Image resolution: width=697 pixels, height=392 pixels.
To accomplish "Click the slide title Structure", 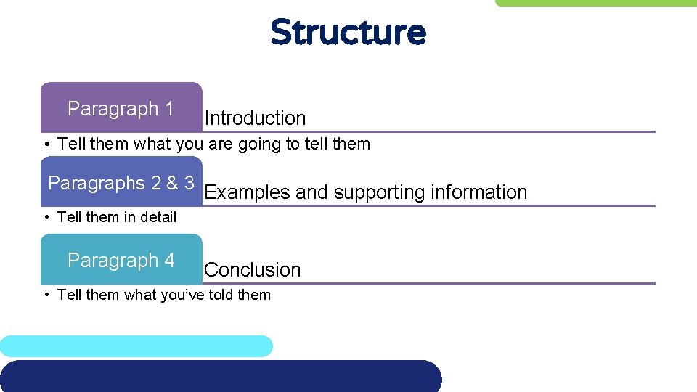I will click(348, 33).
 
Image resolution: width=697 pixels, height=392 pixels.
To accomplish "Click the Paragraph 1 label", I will click(121, 109).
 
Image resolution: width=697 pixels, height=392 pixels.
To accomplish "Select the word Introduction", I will click(255, 118).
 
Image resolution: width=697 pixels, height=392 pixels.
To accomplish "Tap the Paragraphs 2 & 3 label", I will click(121, 183).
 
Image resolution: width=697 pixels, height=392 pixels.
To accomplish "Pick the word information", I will click(479, 192).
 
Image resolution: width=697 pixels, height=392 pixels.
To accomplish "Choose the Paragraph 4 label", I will click(121, 260).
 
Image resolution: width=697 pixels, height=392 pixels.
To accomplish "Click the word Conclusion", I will click(252, 270).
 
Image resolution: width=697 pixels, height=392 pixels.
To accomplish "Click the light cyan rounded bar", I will click(136, 346).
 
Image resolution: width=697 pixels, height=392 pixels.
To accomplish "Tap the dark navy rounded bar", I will click(218, 376).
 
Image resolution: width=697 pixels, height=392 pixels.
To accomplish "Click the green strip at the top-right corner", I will click(595, 3).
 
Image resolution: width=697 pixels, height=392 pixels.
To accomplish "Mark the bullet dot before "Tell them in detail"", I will click(46, 217).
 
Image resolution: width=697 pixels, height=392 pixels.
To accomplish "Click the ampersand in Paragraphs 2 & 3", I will click(172, 183).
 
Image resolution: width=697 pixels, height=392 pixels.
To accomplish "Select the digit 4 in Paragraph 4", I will click(169, 260).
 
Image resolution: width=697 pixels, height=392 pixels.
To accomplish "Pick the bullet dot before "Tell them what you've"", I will click(46, 295).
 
